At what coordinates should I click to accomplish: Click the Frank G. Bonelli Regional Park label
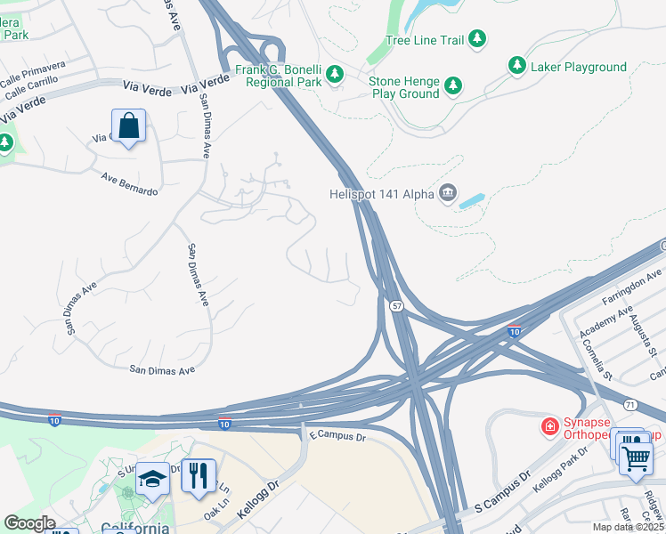tap(278, 76)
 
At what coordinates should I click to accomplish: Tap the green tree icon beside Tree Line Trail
tap(478, 38)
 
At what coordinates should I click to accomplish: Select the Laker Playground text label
tap(578, 67)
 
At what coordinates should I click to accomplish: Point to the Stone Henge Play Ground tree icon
tap(453, 85)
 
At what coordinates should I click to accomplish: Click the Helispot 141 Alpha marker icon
tap(447, 193)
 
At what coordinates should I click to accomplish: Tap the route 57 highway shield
tap(397, 305)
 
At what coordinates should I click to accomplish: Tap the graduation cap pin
tap(152, 478)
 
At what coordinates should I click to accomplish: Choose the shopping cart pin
tap(635, 458)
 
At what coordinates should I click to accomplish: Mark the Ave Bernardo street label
tap(129, 184)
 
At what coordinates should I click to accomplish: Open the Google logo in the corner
tap(29, 523)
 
